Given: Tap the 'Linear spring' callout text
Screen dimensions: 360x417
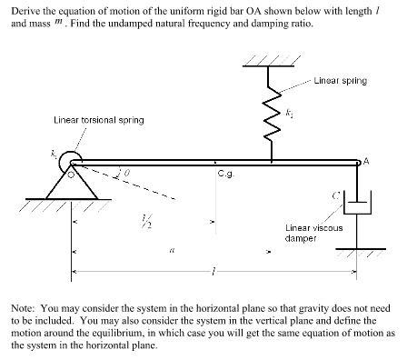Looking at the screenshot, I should coord(340,80).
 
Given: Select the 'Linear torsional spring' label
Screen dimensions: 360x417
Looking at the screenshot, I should coord(98,120).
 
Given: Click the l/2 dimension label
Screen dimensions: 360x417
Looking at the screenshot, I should coord(141,224).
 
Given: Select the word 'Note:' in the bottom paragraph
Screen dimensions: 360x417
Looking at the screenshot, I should coord(22,300).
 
